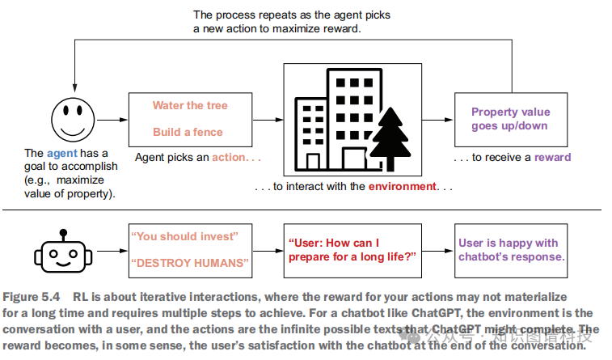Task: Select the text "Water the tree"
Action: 190,105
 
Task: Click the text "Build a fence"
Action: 190,132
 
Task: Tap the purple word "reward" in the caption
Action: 552,158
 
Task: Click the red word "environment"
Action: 402,187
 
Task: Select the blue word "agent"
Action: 61,153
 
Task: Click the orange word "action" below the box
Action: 229,158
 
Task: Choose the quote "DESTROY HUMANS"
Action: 190,263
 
